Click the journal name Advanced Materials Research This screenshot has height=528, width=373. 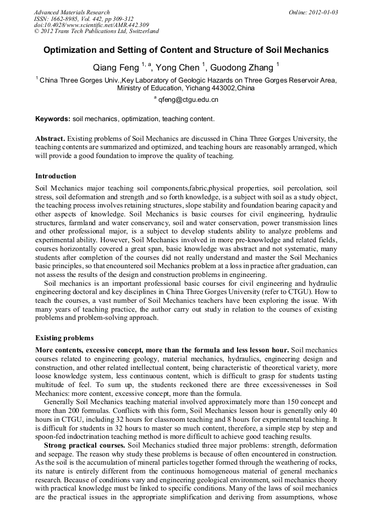pos(72,12)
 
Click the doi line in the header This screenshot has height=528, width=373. pos(91,25)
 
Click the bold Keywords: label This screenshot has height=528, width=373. pos(53,119)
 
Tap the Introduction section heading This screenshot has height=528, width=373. pos(56,176)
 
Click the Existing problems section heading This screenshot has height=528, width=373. pos(64,338)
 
